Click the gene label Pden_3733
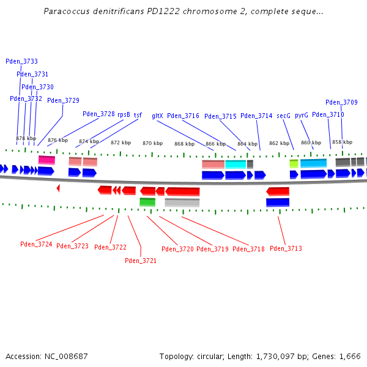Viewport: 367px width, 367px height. [21, 61]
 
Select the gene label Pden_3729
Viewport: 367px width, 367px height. [63, 100]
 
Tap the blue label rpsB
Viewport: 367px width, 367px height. [124, 114]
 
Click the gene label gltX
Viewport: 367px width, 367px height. [157, 116]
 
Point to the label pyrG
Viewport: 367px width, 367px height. [302, 115]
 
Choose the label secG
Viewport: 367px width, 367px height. [283, 116]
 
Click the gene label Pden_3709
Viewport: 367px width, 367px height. [341, 102]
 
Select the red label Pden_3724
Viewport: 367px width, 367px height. [36, 244]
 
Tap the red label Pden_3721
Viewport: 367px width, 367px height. [141, 261]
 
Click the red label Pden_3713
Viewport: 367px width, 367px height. [286, 248]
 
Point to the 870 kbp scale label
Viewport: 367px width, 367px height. [153, 143]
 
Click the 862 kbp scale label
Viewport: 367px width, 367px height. [279, 143]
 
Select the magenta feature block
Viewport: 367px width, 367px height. [46, 160]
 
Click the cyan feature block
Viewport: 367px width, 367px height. [235, 164]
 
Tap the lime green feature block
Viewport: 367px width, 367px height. [294, 163]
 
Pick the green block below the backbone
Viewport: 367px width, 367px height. [147, 202]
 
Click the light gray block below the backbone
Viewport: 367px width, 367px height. [182, 202]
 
